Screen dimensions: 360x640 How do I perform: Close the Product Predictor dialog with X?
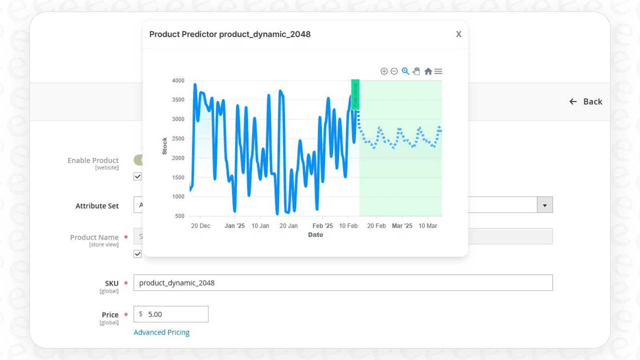(459, 34)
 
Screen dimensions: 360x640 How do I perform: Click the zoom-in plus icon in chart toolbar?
(384, 71)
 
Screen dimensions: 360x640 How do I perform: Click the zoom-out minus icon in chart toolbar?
(394, 71)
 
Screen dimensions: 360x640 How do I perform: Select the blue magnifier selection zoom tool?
(405, 71)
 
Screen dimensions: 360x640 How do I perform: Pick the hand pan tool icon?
(416, 71)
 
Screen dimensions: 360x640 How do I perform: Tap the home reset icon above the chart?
(428, 71)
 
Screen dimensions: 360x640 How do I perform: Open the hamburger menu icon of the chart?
(438, 71)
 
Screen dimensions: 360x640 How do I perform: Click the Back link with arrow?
(586, 102)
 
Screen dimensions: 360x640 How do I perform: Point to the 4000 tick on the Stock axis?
(178, 81)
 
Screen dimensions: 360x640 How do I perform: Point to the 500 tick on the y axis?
(179, 216)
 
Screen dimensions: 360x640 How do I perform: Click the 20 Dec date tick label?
(200, 226)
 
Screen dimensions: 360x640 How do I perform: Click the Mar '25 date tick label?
(402, 226)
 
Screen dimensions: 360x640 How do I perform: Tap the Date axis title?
(315, 235)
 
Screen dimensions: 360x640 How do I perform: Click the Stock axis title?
(165, 146)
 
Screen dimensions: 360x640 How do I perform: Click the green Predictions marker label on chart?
(355, 94)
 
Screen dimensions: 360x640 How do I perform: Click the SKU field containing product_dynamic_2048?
(343, 283)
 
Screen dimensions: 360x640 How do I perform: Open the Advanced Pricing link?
(162, 332)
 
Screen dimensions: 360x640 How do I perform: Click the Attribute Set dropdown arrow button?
(545, 205)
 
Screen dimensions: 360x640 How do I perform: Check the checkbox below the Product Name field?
(138, 254)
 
